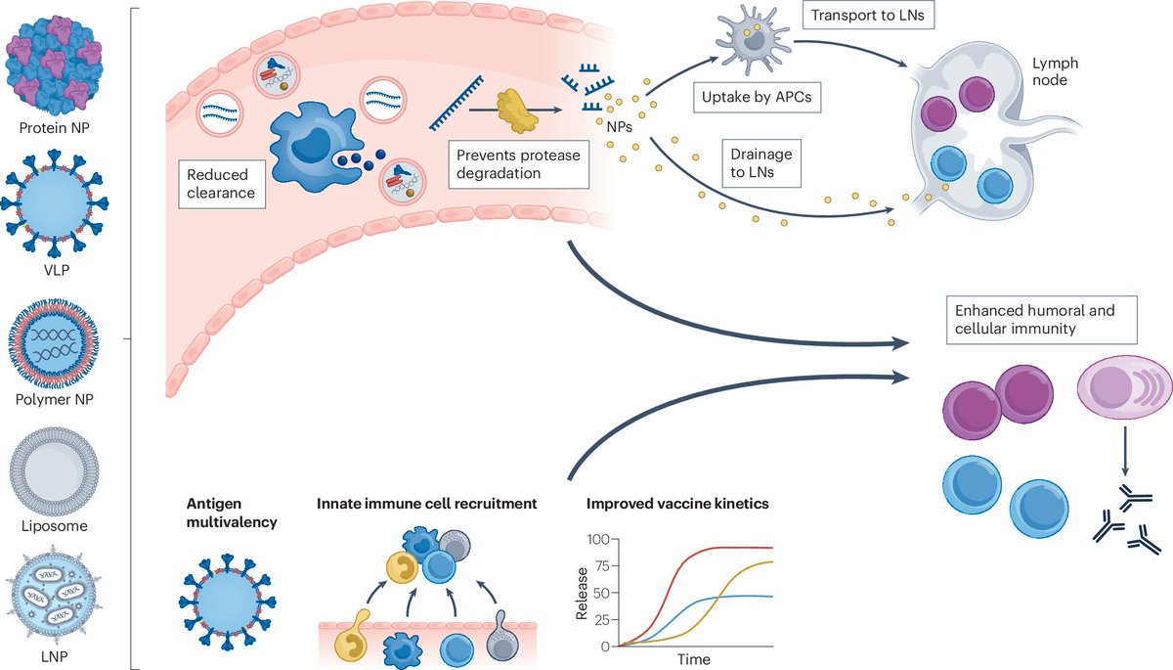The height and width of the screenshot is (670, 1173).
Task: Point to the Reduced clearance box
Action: [x=220, y=184]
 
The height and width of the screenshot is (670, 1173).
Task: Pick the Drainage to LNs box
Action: [x=760, y=164]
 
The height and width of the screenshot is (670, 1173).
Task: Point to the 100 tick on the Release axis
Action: [x=598, y=539]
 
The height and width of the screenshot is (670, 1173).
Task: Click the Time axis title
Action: [x=695, y=660]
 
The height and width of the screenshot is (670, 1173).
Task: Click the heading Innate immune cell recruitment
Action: [x=427, y=505]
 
